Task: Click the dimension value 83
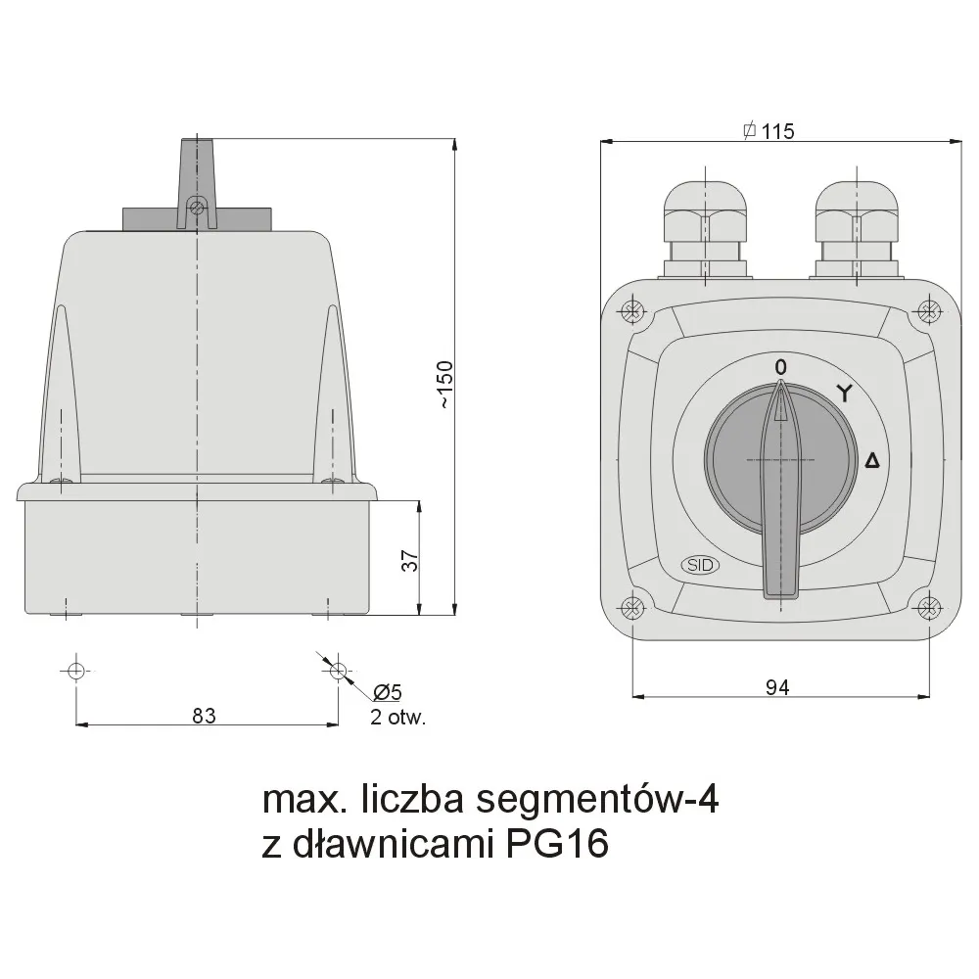204,715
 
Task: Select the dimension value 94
777,687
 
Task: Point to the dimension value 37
411,560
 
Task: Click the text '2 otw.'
397,717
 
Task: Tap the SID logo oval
699,565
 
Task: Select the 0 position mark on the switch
780,366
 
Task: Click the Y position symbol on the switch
844,394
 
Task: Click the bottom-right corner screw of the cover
928,607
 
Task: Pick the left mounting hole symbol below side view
76,671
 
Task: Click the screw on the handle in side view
197,207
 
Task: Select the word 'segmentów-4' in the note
596,800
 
